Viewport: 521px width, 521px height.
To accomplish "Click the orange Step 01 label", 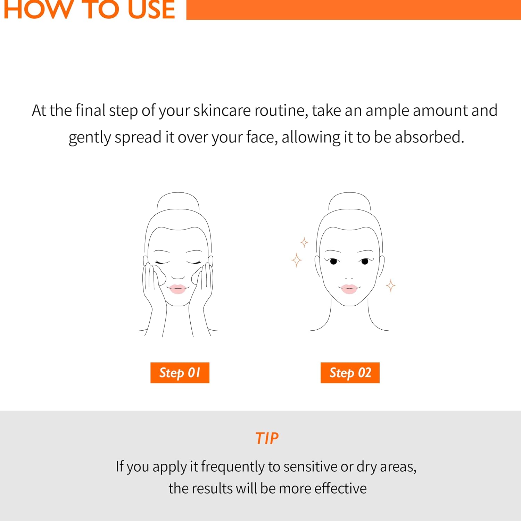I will click(x=180, y=373).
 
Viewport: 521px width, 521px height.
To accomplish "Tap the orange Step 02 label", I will click(x=350, y=373).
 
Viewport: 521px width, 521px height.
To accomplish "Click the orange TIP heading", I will click(x=267, y=438).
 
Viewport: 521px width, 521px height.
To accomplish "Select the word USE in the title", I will click(x=151, y=10).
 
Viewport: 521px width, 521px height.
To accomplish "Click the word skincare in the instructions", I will click(x=222, y=110).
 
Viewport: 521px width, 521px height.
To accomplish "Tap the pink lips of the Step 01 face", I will click(x=177, y=289).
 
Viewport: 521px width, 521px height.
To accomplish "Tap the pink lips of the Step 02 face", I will click(x=349, y=289).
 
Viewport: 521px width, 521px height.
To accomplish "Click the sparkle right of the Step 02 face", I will click(x=391, y=286).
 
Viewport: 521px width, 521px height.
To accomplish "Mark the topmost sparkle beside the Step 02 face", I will click(x=304, y=242).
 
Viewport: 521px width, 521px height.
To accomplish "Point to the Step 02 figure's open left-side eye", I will click(x=333, y=261).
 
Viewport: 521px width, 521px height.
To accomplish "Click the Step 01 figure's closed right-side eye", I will click(x=194, y=262).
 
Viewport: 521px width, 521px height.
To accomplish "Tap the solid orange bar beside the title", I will click(x=353, y=10).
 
